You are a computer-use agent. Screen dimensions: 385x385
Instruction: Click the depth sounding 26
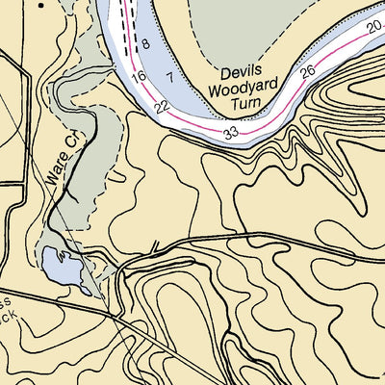tap(307, 72)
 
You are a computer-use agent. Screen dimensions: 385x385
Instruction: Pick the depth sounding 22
tap(163, 106)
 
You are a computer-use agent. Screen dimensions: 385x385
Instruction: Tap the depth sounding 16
tap(139, 75)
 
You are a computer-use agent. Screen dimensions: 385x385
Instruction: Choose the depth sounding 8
tap(144, 44)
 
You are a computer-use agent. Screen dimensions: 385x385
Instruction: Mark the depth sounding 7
tap(169, 76)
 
